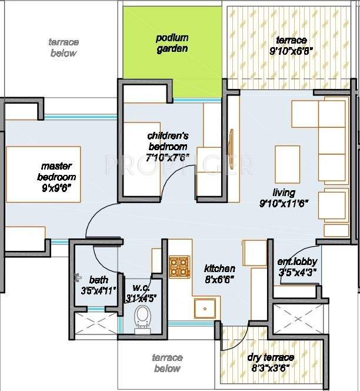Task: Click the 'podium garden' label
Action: pos(172,43)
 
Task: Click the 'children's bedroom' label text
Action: pos(168,141)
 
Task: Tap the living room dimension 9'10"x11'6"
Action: pos(284,203)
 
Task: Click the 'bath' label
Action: pos(98,279)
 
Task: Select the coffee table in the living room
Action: pos(287,164)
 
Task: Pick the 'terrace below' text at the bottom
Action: pos(167,363)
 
